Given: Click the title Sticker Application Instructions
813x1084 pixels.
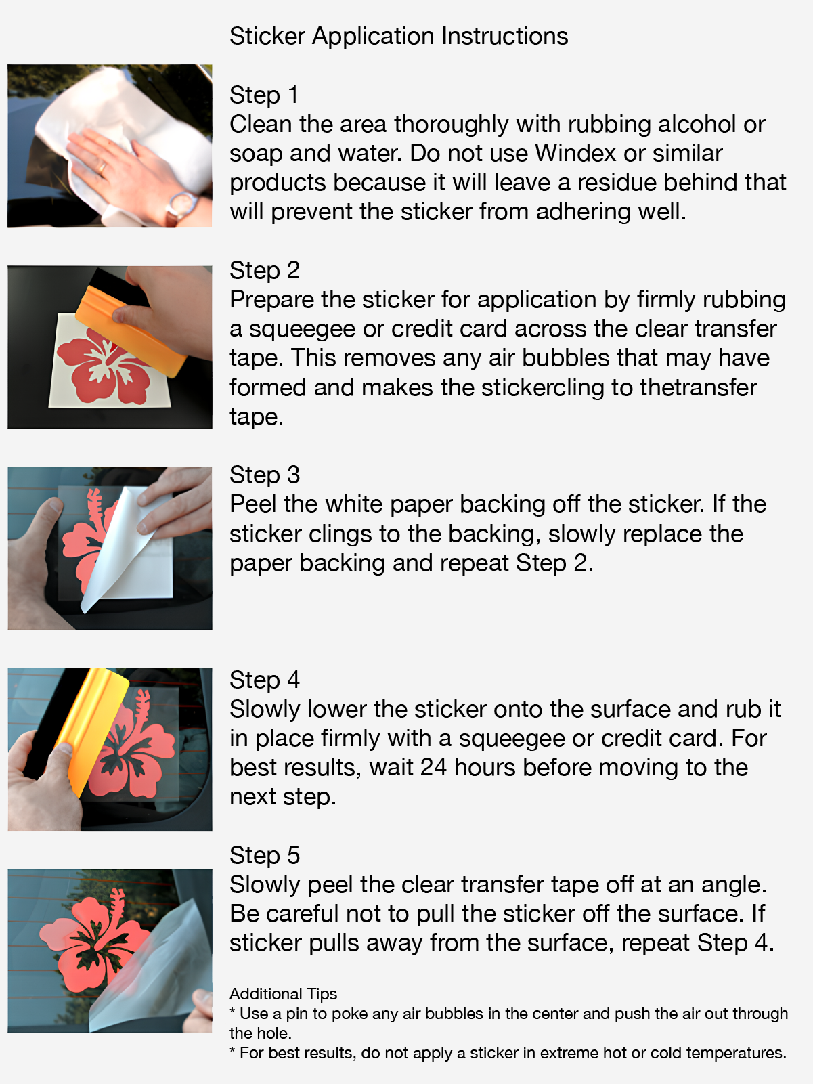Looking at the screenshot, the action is click(399, 36).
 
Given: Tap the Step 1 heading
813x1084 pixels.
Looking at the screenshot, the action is click(264, 94).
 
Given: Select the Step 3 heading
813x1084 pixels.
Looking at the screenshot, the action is click(265, 475).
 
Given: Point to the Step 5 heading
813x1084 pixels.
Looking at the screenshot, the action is click(265, 855).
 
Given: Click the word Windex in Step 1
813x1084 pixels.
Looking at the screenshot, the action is click(575, 153).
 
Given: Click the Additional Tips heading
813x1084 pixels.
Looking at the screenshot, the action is click(284, 993).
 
